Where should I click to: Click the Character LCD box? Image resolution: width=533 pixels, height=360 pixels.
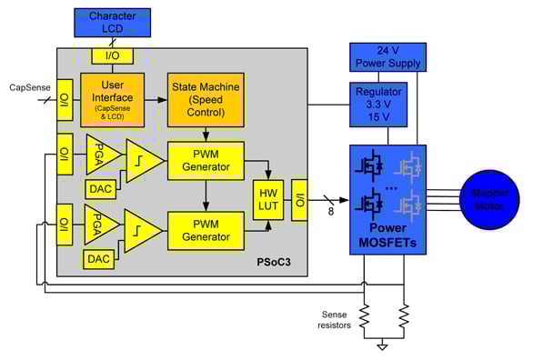click(x=112, y=23)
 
